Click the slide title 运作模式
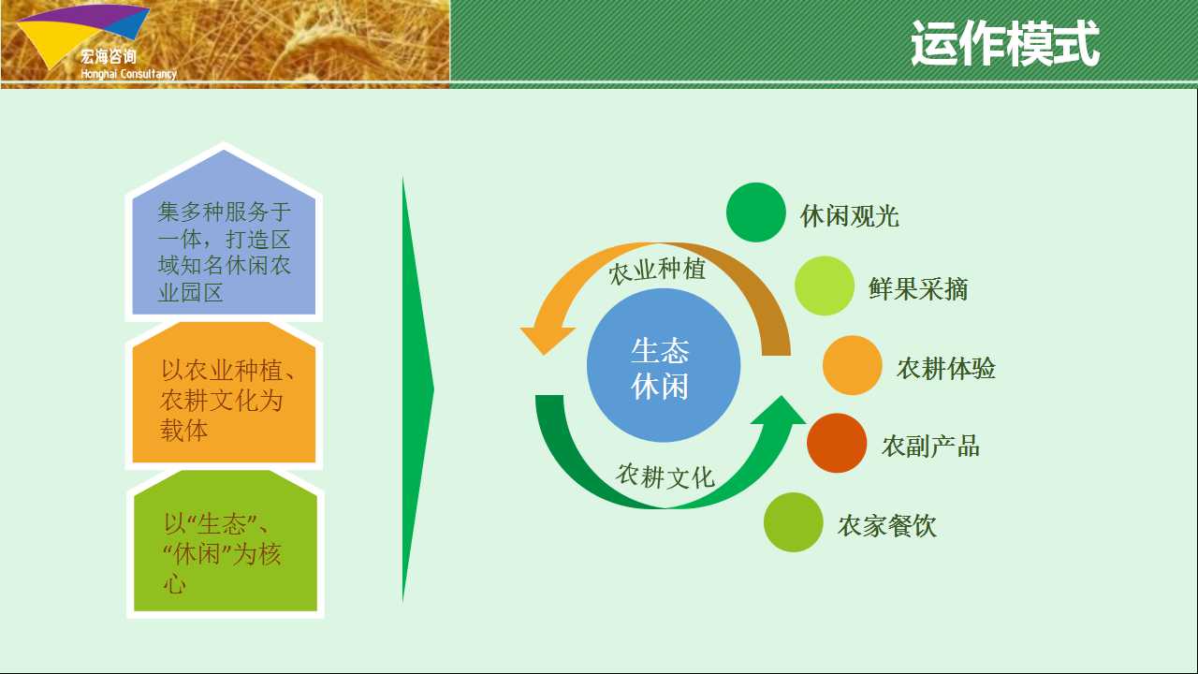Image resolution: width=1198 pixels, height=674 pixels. pos(1005,43)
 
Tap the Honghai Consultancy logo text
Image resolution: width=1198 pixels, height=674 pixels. pos(128,74)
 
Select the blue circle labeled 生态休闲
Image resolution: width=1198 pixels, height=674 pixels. pos(664,365)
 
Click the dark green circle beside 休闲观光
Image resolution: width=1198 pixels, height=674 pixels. pos(755,212)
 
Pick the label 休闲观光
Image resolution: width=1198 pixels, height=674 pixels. pos(850,216)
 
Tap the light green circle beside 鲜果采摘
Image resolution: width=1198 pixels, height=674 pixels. pos(825,286)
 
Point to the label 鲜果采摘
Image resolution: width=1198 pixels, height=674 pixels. pos(918,289)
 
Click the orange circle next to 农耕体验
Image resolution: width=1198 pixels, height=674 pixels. pos(852,365)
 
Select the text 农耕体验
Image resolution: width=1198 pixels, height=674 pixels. pos(946,369)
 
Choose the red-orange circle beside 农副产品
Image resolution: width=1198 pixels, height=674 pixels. pos(837,443)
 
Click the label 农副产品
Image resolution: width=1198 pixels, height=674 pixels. pos(930,447)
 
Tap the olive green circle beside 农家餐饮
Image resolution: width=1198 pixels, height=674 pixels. pos(793,522)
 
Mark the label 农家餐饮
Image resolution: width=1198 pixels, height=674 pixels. pos(887,526)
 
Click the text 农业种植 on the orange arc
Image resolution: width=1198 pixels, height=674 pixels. pos(657,271)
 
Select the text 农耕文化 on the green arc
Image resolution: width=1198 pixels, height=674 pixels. pos(665,476)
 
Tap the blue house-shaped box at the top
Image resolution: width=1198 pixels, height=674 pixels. pos(224,232)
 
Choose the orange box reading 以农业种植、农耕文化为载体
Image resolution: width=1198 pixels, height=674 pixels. pos(224,392)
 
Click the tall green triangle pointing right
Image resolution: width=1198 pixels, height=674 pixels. pos(417,389)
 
